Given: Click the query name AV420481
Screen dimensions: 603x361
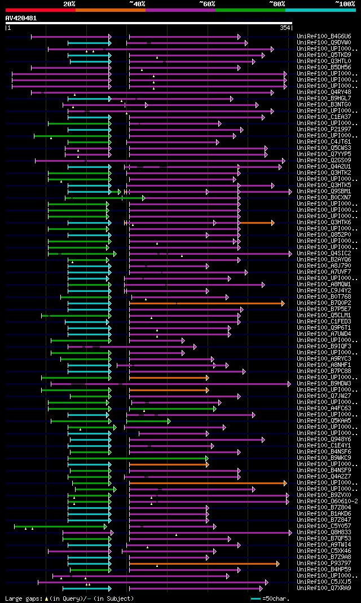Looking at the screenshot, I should pyautogui.click(x=21, y=18).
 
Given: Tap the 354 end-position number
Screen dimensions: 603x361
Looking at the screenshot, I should pyautogui.click(x=285, y=27).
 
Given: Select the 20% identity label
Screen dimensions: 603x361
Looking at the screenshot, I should pyautogui.click(x=69, y=3).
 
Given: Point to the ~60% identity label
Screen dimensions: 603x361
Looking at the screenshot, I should pyautogui.click(x=207, y=3).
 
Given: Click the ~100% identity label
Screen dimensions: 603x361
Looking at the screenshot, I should pyautogui.click(x=345, y=3).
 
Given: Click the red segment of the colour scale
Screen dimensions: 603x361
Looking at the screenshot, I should pyautogui.click(x=40, y=10).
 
